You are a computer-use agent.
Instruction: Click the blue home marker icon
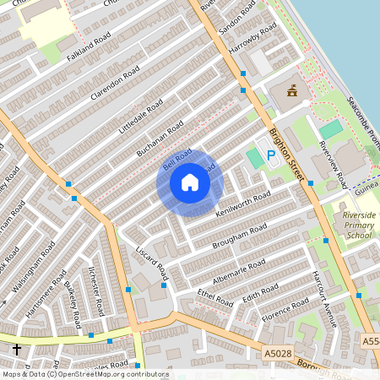coord(190,182)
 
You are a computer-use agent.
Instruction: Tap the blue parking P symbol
coord(271,155)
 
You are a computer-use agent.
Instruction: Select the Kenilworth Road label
coord(242,203)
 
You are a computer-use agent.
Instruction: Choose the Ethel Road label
coord(214,296)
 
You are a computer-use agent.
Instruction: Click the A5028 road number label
coord(278,354)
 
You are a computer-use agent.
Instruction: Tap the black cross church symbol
coord(16,349)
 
